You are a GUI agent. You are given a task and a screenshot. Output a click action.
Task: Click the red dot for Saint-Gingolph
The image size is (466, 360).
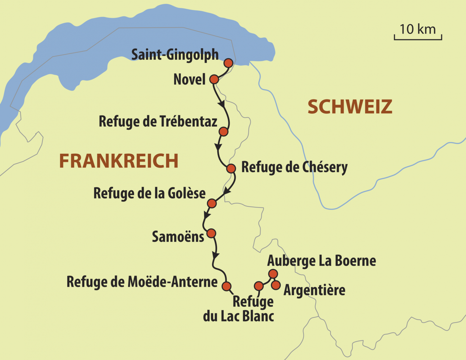[228, 63]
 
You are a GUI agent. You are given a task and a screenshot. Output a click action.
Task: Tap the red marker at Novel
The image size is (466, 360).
[214, 79]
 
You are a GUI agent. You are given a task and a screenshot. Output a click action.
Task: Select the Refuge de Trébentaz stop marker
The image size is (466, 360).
[223, 131]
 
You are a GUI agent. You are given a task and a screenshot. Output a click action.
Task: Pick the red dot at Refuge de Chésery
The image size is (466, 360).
[231, 168]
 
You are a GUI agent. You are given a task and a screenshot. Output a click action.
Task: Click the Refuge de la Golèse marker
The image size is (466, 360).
[212, 203]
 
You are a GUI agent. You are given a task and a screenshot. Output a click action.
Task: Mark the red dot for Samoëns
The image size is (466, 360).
[211, 233]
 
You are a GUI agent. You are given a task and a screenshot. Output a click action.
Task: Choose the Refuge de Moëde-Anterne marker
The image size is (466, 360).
[226, 286]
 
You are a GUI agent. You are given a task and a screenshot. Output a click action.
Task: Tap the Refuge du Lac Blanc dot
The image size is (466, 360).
[259, 286]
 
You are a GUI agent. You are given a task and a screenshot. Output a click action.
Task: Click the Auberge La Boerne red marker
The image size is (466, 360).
[273, 274]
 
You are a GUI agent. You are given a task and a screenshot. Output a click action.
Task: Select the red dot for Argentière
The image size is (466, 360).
[276, 285]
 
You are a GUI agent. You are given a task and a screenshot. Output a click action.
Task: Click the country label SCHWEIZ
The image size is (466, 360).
[349, 107]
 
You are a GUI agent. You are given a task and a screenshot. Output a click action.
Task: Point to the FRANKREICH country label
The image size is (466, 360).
[119, 161]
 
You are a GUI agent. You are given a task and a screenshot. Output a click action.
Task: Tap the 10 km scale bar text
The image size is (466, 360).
[417, 30]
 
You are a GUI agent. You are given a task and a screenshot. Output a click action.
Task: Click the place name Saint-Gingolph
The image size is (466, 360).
[175, 55]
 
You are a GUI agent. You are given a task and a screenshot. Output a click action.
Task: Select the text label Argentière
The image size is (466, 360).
[315, 290]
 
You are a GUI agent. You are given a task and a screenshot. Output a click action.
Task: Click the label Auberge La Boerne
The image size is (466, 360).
[321, 261]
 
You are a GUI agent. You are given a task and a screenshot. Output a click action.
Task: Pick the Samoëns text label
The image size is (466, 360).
[178, 237]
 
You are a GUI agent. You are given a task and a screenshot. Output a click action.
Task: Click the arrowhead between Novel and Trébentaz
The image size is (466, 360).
[222, 104]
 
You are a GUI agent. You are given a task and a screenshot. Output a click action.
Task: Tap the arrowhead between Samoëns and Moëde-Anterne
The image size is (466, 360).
[215, 255]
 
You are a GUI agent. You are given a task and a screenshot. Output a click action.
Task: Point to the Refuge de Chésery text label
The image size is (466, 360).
[294, 167]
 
